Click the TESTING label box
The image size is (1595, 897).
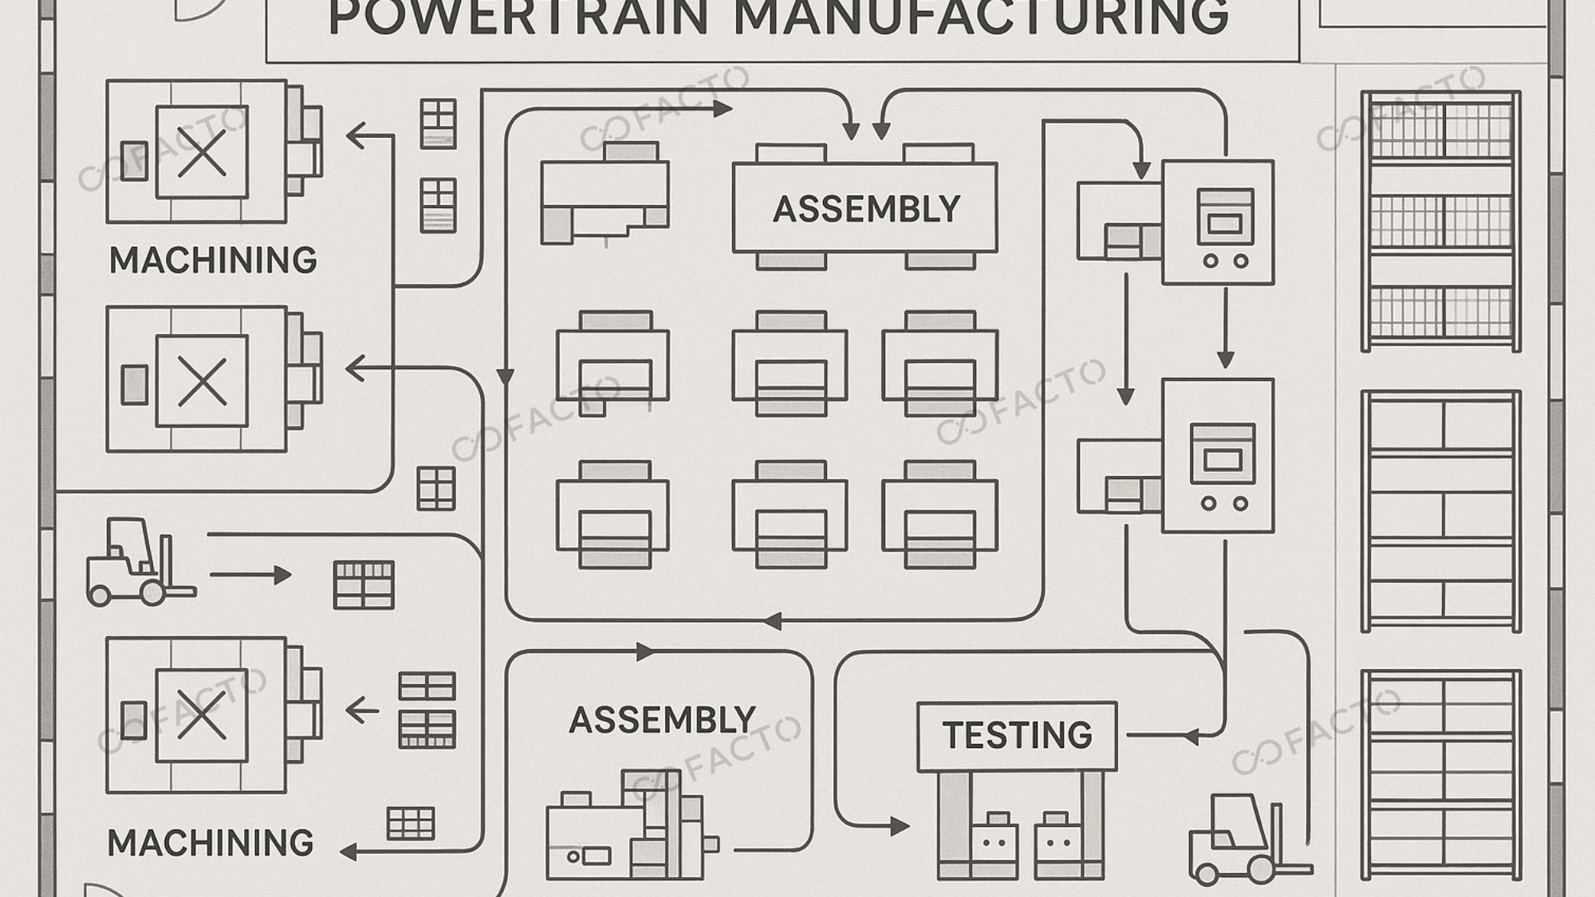(x=1017, y=735)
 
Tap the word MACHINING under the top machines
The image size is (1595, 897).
(x=213, y=261)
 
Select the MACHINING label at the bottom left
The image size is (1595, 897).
(x=211, y=843)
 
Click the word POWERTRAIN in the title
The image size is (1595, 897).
(x=518, y=18)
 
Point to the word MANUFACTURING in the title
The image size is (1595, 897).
(x=981, y=18)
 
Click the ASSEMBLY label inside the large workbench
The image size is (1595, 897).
(x=866, y=209)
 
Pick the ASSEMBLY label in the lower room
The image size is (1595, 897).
(x=662, y=720)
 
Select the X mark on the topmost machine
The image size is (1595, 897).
(x=202, y=152)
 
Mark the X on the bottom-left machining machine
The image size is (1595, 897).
(x=202, y=714)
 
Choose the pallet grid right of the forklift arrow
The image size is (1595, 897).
(x=364, y=585)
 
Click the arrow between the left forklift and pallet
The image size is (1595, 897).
(x=251, y=575)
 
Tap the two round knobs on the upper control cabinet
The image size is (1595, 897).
(x=1225, y=261)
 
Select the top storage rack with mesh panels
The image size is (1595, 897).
(x=1440, y=221)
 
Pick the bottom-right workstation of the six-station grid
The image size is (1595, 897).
(x=939, y=514)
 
